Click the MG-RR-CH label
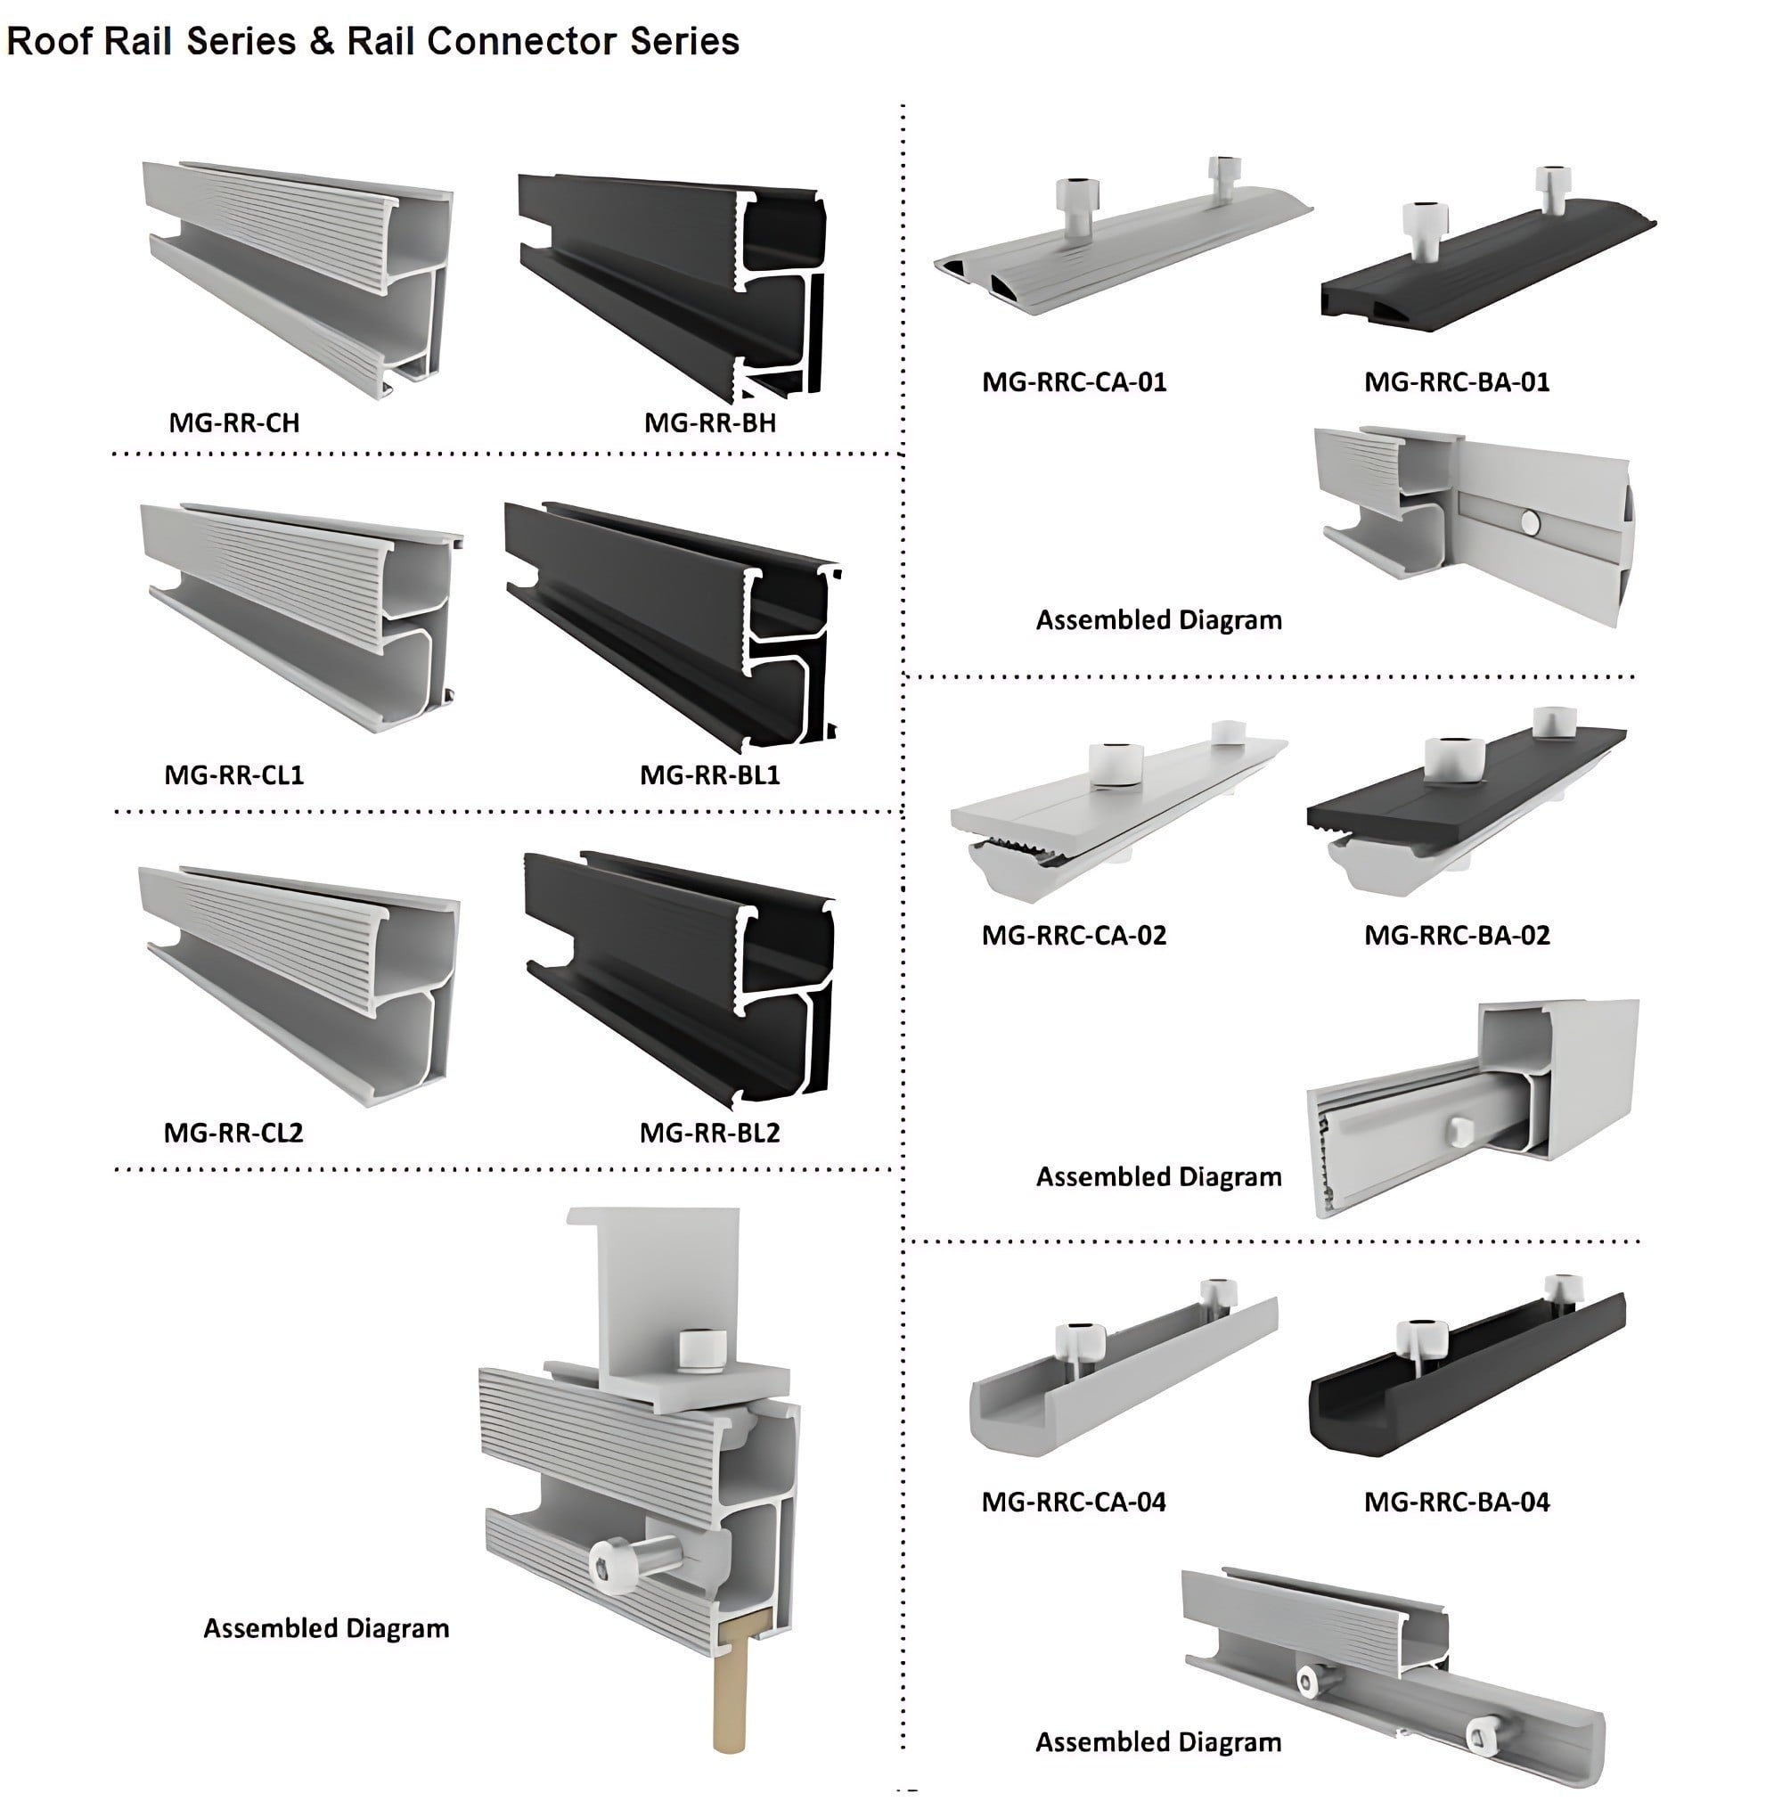pyautogui.click(x=234, y=423)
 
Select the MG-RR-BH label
pyautogui.click(x=709, y=423)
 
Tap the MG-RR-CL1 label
pyautogui.click(x=234, y=775)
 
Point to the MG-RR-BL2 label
pyautogui.click(x=709, y=1133)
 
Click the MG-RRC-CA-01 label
pyautogui.click(x=1074, y=382)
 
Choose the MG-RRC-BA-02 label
pyautogui.click(x=1456, y=935)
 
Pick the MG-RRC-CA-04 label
pyautogui.click(x=1074, y=1503)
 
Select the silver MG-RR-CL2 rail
pyautogui.click(x=299, y=983)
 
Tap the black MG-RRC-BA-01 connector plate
pyautogui.click(x=1488, y=272)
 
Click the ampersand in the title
pyautogui.click(x=321, y=41)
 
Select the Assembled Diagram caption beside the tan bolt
pyautogui.click(x=326, y=1629)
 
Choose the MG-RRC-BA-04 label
pyautogui.click(x=1456, y=1503)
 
